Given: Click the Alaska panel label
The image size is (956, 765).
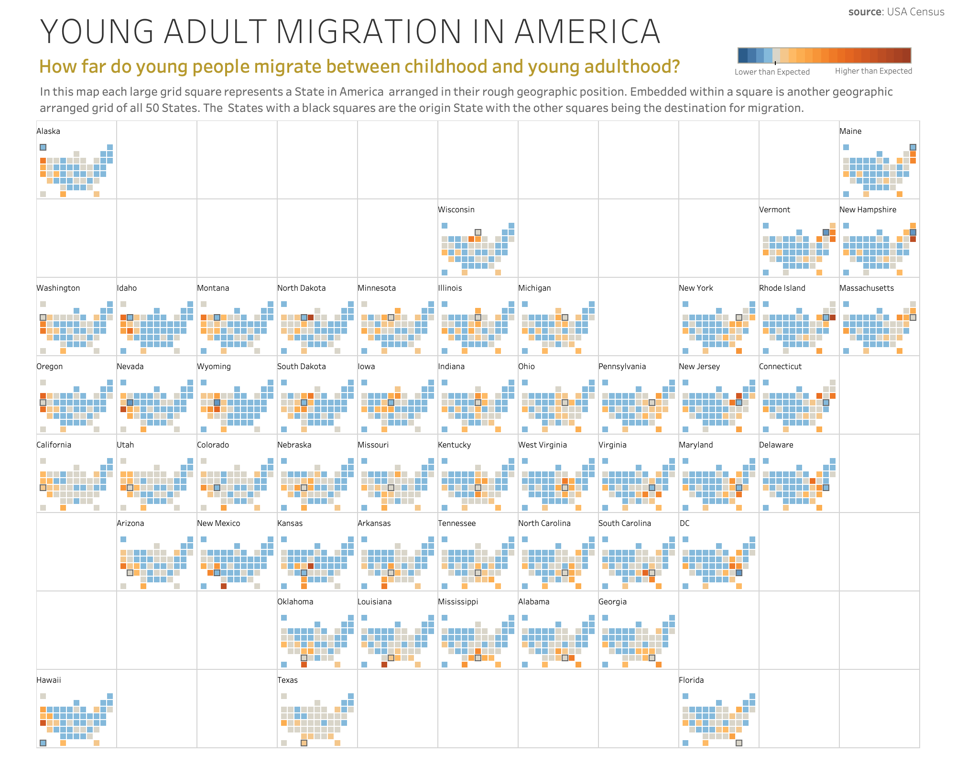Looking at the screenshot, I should (x=48, y=131).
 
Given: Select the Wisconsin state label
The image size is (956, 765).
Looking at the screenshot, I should (x=456, y=209).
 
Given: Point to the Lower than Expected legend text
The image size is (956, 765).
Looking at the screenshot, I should (x=772, y=72).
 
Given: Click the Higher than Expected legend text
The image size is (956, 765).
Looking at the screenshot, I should (x=873, y=71).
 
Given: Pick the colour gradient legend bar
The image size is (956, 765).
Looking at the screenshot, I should (x=824, y=55).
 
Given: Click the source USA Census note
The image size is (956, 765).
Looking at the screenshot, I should (x=896, y=12).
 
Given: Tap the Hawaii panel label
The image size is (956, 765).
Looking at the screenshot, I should (x=49, y=680).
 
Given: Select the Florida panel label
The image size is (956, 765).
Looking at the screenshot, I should (x=691, y=680).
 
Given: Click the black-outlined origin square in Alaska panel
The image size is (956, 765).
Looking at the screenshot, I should (x=43, y=147).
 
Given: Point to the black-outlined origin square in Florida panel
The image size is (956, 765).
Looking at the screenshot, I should (x=739, y=743).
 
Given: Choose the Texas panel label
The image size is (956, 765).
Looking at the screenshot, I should (x=287, y=680).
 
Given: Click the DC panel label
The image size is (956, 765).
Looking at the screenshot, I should (x=684, y=523).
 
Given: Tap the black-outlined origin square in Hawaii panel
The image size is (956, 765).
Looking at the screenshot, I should (x=43, y=743).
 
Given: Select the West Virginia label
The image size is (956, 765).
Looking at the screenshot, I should (x=543, y=445).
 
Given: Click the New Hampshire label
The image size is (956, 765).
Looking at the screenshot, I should (x=868, y=209).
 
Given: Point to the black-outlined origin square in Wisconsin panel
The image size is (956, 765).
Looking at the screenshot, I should (x=478, y=232).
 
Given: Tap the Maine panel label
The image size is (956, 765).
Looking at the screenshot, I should (x=850, y=131).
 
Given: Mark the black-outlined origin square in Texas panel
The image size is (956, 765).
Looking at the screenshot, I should (x=304, y=743).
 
